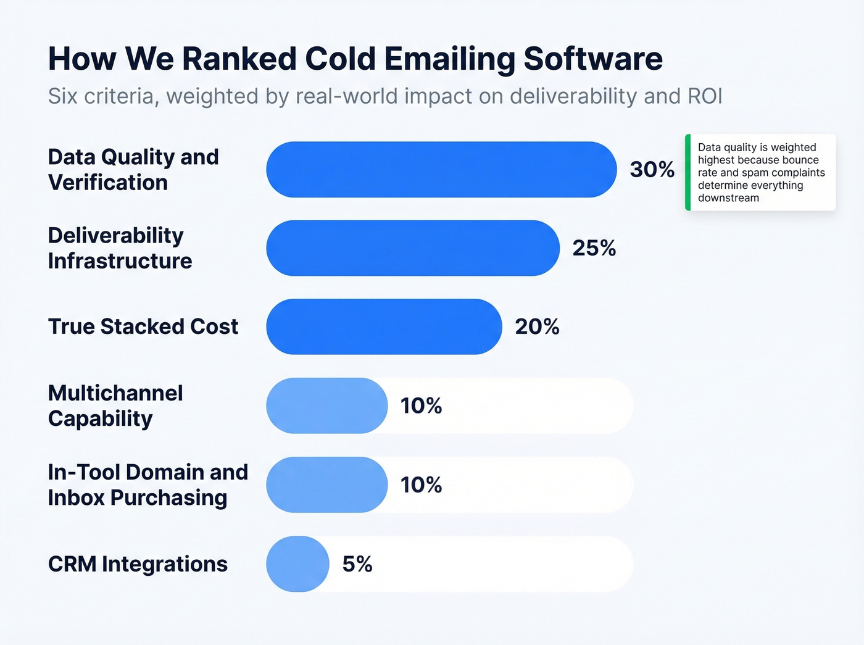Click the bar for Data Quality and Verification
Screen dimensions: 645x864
point(441,170)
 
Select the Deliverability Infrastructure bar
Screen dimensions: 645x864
point(412,248)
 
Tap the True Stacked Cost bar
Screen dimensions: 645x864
point(384,327)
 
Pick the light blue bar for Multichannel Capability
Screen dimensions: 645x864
point(326,406)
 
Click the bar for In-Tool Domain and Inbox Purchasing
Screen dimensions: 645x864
point(326,485)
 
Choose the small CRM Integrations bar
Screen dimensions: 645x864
point(297,564)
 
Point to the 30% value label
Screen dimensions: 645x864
point(652,170)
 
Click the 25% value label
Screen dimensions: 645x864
point(594,248)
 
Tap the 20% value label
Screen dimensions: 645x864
point(537,327)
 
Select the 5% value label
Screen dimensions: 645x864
point(357,564)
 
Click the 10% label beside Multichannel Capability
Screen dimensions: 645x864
point(421,406)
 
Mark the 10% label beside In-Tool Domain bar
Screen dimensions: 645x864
point(421,485)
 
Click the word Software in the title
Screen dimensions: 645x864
point(593,59)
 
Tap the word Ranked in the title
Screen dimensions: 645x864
point(239,59)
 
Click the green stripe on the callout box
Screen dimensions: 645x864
point(687,172)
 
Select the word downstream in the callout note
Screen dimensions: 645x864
point(728,198)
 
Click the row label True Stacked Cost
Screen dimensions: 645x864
point(143,327)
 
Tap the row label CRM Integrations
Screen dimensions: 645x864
point(138,564)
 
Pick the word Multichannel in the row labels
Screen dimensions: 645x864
point(115,393)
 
